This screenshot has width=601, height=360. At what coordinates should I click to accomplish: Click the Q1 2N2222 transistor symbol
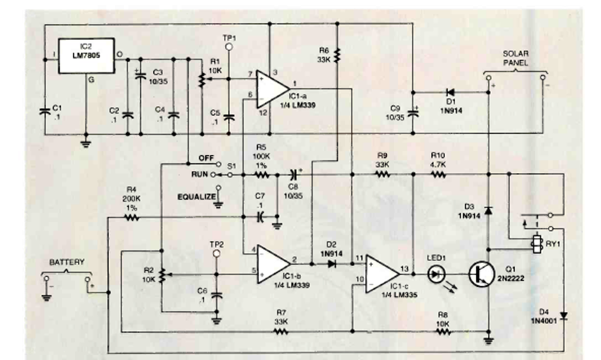(482, 274)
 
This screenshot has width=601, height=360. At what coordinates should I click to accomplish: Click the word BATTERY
(66, 261)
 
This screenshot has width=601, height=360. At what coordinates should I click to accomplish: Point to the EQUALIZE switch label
(195, 197)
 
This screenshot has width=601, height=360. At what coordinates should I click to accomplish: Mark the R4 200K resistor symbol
(131, 218)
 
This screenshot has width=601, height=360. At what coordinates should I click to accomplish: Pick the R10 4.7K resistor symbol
(437, 174)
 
